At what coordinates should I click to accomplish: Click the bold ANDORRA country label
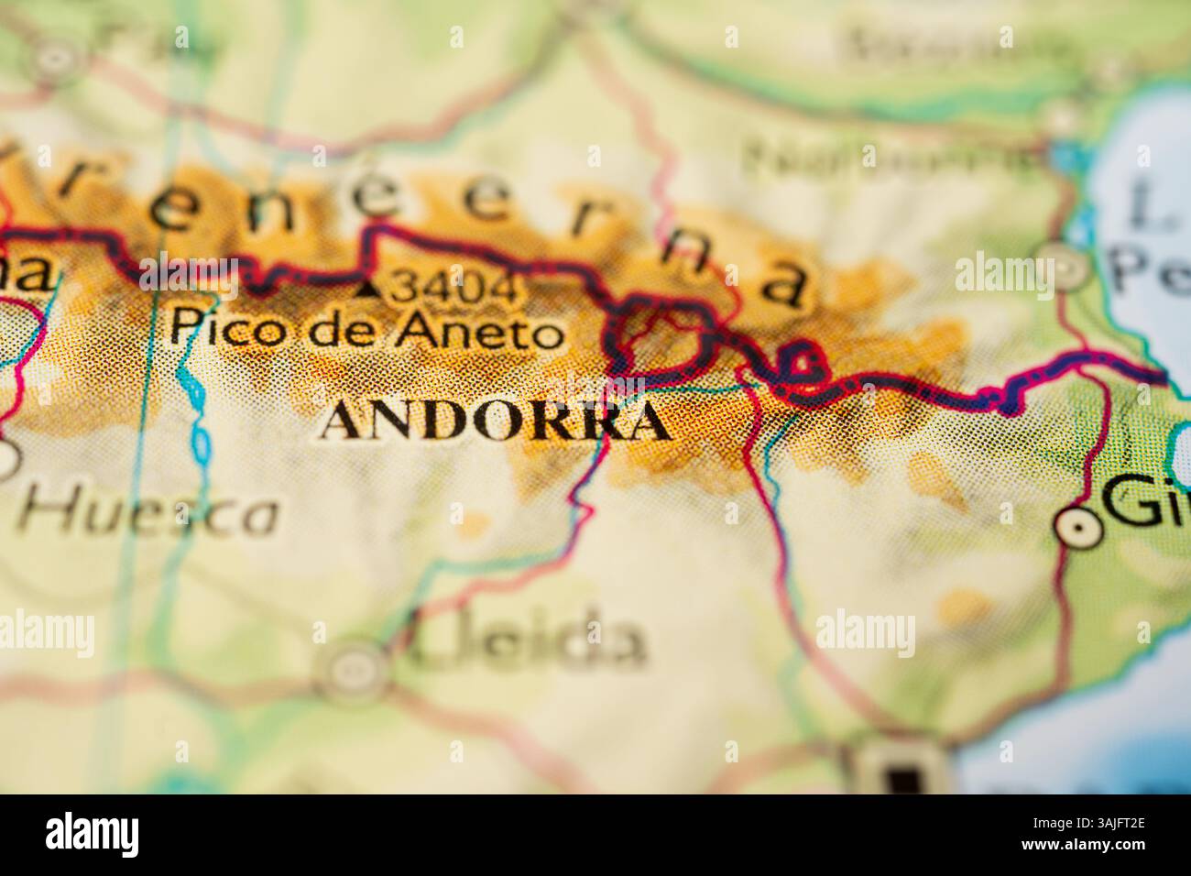(495, 421)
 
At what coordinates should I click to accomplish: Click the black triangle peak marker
(369, 290)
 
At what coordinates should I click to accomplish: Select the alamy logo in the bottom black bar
(93, 834)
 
